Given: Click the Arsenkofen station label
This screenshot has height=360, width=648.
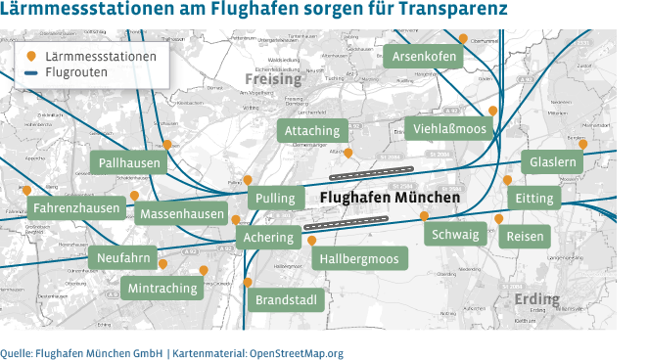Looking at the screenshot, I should [x=424, y=57].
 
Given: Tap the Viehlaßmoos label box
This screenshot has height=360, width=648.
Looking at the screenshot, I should [x=449, y=128].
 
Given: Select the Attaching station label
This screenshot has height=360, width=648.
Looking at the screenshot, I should [x=312, y=130].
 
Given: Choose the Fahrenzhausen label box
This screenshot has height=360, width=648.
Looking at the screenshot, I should [x=76, y=208].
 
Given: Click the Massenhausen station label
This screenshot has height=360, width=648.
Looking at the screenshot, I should [x=181, y=213].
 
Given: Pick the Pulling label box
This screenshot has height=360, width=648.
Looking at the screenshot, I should [x=274, y=199].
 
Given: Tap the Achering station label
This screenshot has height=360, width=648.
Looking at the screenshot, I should [x=268, y=238].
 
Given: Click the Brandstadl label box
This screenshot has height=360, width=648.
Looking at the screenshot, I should [x=287, y=299].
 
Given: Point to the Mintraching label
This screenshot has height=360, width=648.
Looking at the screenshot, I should [x=162, y=288].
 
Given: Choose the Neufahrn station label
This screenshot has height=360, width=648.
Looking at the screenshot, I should [x=124, y=258].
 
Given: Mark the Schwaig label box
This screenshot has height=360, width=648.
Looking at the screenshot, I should [x=455, y=235].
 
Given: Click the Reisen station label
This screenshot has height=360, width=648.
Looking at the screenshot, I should [x=525, y=237].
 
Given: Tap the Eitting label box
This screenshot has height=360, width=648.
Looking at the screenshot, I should [x=534, y=199].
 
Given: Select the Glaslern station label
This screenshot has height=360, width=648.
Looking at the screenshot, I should [x=553, y=161].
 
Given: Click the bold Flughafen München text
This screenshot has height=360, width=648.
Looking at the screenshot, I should [x=390, y=198].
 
